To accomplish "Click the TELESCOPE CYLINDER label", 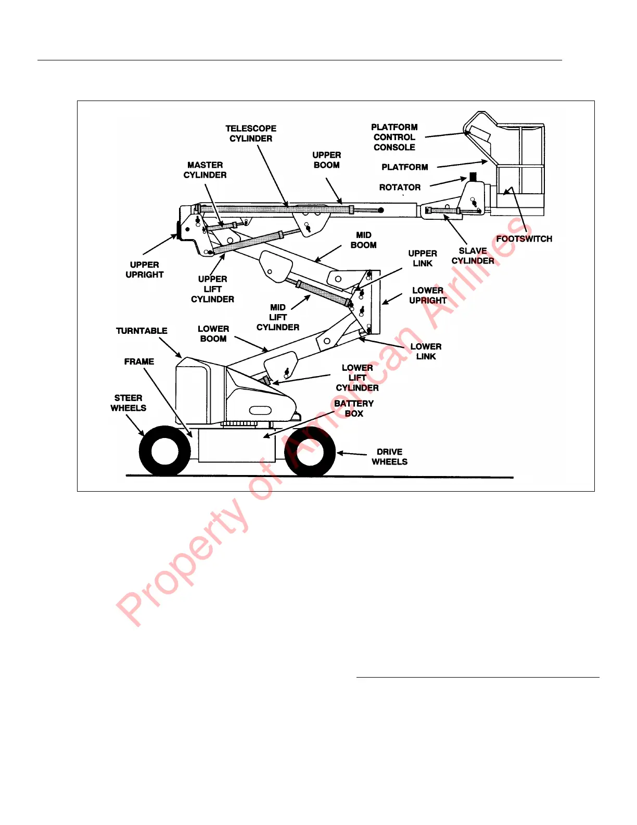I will pos(251,133).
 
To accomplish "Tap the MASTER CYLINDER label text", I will pos(205,170).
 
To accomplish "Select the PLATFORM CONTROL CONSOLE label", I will pos(394,137).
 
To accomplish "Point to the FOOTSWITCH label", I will pos(524,239).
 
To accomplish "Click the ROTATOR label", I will pos(400,187).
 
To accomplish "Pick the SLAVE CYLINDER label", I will pos(473,256).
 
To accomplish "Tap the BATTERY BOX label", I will pos(354,408).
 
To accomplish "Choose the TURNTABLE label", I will pos(142,331).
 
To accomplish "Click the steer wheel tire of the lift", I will pos(164,451).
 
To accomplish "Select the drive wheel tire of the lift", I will pos(310,451).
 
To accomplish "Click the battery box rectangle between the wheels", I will pos(237,446).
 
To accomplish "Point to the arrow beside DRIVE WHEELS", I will pos(352,454).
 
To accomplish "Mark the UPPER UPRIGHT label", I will pos(145,270).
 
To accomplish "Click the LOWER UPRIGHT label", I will pos(428,295).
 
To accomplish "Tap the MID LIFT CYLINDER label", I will pos(278,317).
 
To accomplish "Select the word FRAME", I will pos(139,361).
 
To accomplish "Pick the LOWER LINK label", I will pos(426,352).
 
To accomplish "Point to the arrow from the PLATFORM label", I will pos(462,164).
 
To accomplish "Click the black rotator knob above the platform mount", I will pos(473,177).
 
